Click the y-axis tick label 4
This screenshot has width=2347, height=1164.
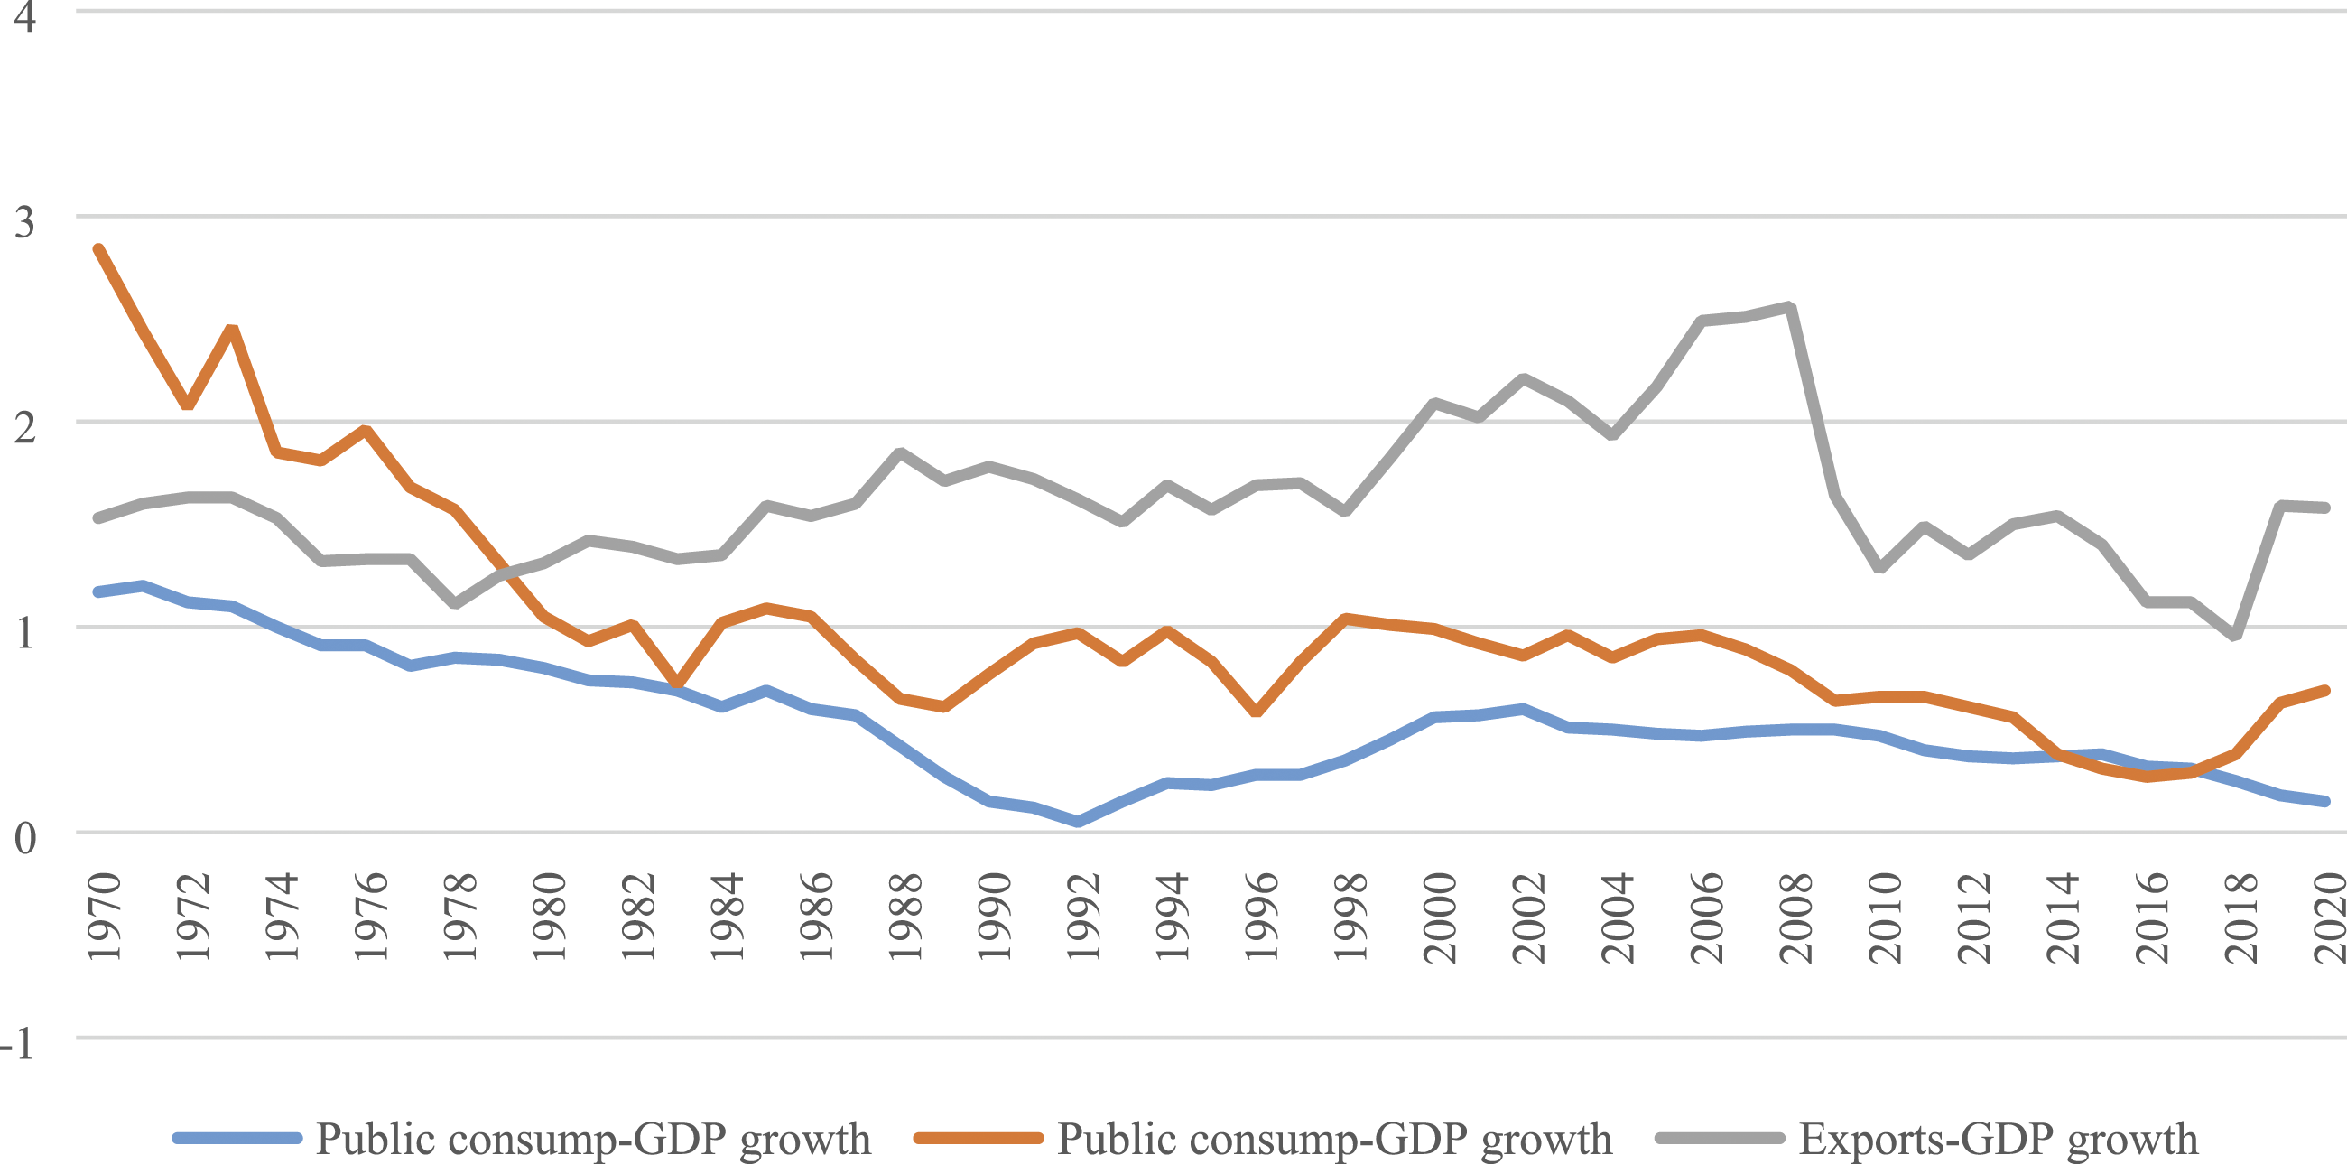coord(23,16)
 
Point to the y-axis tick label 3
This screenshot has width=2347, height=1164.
coord(23,221)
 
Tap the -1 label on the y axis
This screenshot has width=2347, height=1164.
coord(17,1043)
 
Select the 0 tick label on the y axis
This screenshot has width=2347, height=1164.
coord(23,838)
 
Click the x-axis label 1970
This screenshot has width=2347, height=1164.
coord(104,916)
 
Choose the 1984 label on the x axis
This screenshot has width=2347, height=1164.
coord(727,916)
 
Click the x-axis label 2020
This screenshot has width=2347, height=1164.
coord(2329,916)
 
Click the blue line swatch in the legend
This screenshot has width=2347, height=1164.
coord(237,1139)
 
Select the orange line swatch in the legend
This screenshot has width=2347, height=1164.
coord(979,1139)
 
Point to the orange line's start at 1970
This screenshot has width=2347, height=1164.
coord(98,249)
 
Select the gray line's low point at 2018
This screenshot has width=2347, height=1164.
coord(2236,637)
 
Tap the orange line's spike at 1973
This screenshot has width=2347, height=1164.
coord(232,328)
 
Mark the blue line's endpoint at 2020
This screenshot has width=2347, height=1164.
coord(2326,801)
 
